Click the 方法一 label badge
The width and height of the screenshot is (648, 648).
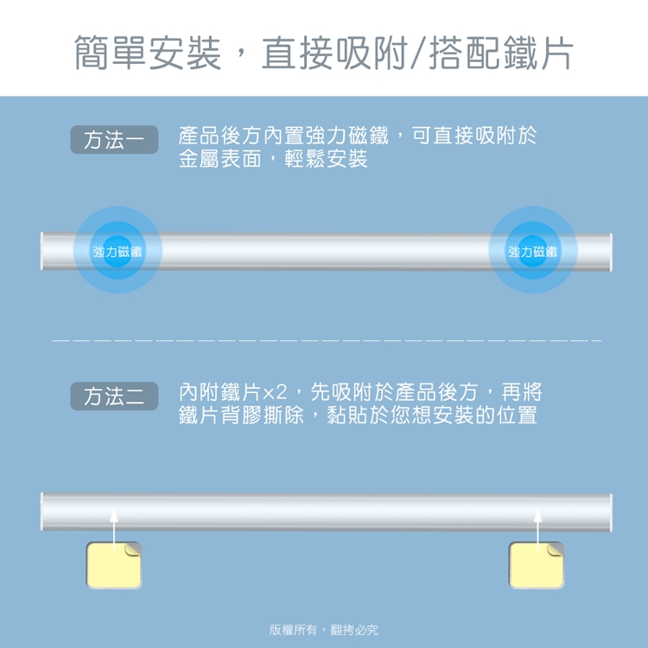(114, 140)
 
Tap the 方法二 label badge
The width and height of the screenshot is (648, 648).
(114, 397)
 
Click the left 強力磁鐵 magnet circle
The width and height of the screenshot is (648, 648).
(118, 250)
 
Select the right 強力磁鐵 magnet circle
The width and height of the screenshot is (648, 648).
(533, 250)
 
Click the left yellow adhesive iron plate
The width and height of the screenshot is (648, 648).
(114, 565)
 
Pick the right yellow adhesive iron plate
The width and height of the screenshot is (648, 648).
(537, 565)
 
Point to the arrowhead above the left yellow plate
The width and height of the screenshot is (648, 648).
(114, 515)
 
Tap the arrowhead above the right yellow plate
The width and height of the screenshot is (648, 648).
(537, 515)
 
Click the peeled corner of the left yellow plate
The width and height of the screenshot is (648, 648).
(133, 549)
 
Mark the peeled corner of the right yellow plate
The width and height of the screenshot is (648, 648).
(556, 549)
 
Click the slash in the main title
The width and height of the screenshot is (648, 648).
(418, 53)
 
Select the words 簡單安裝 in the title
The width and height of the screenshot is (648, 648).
(148, 53)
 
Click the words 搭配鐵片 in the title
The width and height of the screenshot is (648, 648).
(501, 53)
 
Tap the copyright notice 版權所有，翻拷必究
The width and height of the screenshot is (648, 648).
(324, 630)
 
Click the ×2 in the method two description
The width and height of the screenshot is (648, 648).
(275, 392)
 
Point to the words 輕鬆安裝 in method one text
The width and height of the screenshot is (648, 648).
(326, 159)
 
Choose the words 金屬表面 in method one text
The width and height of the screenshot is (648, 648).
(219, 159)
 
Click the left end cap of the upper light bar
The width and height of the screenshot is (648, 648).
(41, 251)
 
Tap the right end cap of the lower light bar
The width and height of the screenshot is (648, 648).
(610, 512)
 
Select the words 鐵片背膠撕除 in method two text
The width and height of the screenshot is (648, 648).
(241, 416)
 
